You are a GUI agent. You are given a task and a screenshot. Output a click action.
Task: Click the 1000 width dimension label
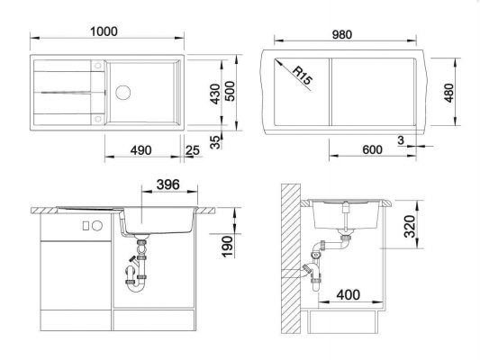(x=104, y=31)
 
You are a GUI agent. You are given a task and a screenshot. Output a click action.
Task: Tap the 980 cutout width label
(x=342, y=34)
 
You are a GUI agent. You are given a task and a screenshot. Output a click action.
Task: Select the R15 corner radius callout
(x=303, y=76)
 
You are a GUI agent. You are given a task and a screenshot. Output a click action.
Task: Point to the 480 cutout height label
(x=448, y=93)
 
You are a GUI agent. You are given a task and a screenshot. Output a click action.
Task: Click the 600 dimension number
(x=372, y=149)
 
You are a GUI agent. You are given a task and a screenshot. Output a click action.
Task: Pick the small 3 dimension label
(x=401, y=140)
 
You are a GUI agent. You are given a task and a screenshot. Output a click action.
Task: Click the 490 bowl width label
(x=140, y=150)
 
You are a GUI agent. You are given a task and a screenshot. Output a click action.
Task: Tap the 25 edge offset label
(x=193, y=150)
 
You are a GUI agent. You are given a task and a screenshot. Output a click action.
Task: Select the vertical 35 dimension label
(x=216, y=142)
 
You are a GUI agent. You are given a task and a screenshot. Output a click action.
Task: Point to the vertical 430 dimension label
(x=216, y=94)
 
